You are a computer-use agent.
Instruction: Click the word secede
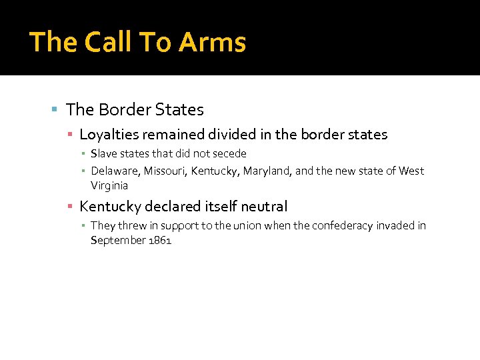tap(230, 153)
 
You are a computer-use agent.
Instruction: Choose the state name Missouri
tap(166, 171)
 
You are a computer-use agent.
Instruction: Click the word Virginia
tap(109, 186)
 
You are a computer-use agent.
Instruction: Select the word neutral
tap(264, 207)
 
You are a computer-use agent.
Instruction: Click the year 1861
tap(161, 241)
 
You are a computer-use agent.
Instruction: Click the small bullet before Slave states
tap(84, 154)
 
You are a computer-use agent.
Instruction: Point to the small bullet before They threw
tap(84, 226)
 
